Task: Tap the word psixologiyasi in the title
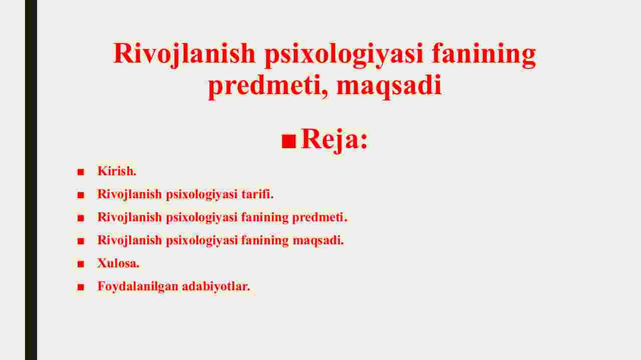(344, 55)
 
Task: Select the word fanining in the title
(484, 55)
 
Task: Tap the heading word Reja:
(334, 140)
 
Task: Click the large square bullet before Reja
(288, 141)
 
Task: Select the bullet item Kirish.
(117, 171)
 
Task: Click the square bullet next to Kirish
(81, 172)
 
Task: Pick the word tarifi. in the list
(257, 194)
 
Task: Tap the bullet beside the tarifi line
(81, 195)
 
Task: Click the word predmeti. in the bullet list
(319, 217)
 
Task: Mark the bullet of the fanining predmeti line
(81, 218)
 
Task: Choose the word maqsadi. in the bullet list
(318, 240)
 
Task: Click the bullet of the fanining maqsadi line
(81, 241)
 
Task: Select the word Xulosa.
(118, 263)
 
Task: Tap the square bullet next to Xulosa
(81, 263)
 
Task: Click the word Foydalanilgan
(138, 286)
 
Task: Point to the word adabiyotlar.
(216, 286)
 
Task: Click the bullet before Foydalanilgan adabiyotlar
(81, 287)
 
